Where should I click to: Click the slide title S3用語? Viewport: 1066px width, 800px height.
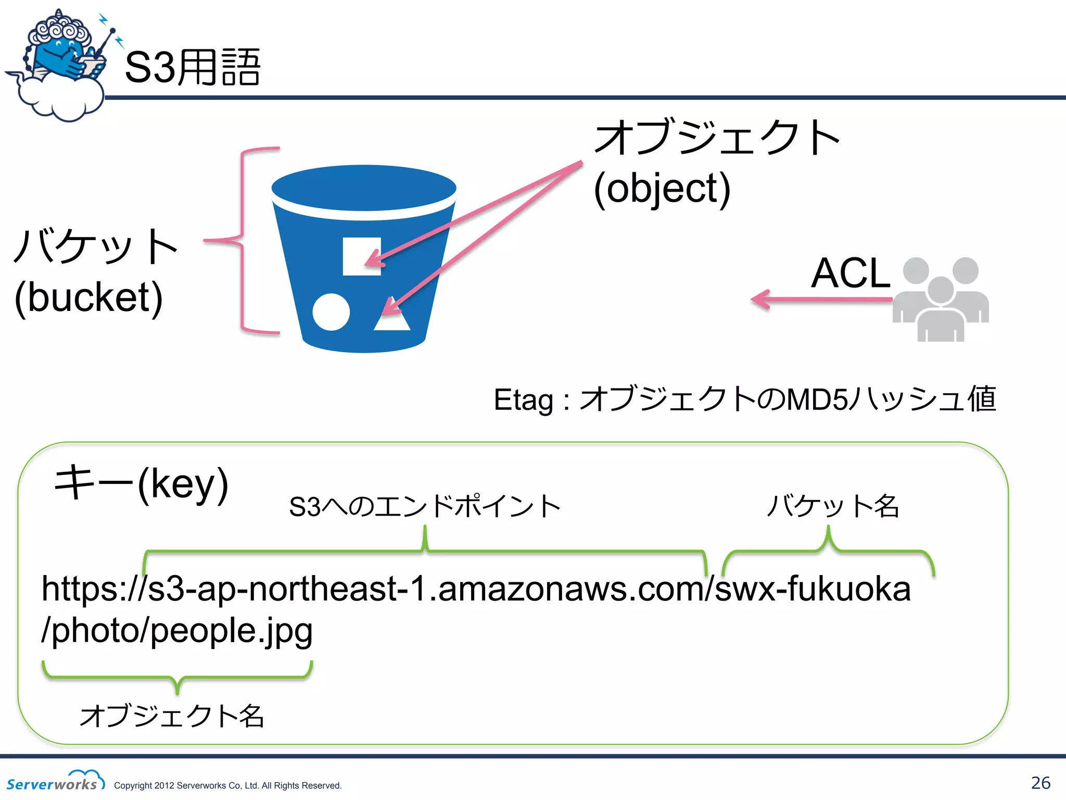pyautogui.click(x=193, y=68)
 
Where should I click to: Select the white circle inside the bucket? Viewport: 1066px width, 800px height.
pyautogui.click(x=331, y=312)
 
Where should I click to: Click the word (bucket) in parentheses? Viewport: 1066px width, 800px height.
pyautogui.click(x=88, y=297)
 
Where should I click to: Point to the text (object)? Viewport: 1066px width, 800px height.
pyautogui.click(x=662, y=189)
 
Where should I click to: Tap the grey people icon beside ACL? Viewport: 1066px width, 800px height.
pyautogui.click(x=941, y=299)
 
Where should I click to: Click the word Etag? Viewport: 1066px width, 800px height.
pyautogui.click(x=523, y=400)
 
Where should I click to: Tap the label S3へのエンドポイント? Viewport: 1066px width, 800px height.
pyautogui.click(x=425, y=506)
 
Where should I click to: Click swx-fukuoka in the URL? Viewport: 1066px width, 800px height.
pyautogui.click(x=813, y=589)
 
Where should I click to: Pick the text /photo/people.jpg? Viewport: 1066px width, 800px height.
pyautogui.click(x=177, y=630)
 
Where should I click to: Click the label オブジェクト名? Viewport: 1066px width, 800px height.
pyautogui.click(x=172, y=716)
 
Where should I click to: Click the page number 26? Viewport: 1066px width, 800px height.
pyautogui.click(x=1040, y=783)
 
